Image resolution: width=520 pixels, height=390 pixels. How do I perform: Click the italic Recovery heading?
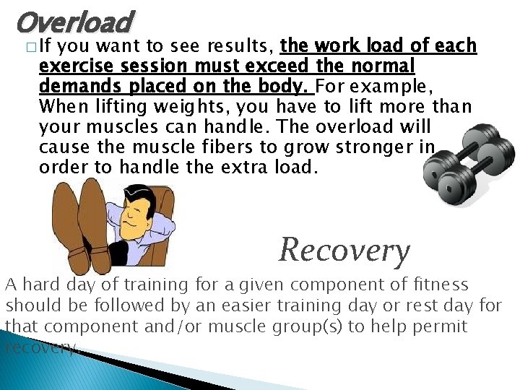[x=344, y=250]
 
